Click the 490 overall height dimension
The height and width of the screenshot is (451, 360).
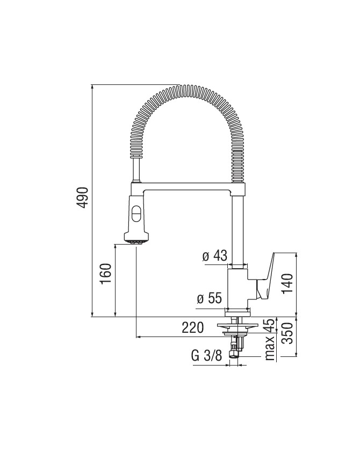coord(83,198)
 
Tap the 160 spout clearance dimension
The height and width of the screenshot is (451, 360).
coord(106,274)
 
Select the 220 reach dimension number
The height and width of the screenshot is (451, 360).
coord(193,327)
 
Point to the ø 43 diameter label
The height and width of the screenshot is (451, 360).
coord(215,255)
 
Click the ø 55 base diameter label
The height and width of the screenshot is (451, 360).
coord(210,298)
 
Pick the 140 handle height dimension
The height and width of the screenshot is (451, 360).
coord(287,284)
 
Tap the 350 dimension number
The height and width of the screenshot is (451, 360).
coord(287,333)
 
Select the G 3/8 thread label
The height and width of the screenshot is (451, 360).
coord(207,356)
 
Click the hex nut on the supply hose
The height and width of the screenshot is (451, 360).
coord(234,353)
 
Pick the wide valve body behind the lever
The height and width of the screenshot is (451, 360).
coord(238,289)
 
